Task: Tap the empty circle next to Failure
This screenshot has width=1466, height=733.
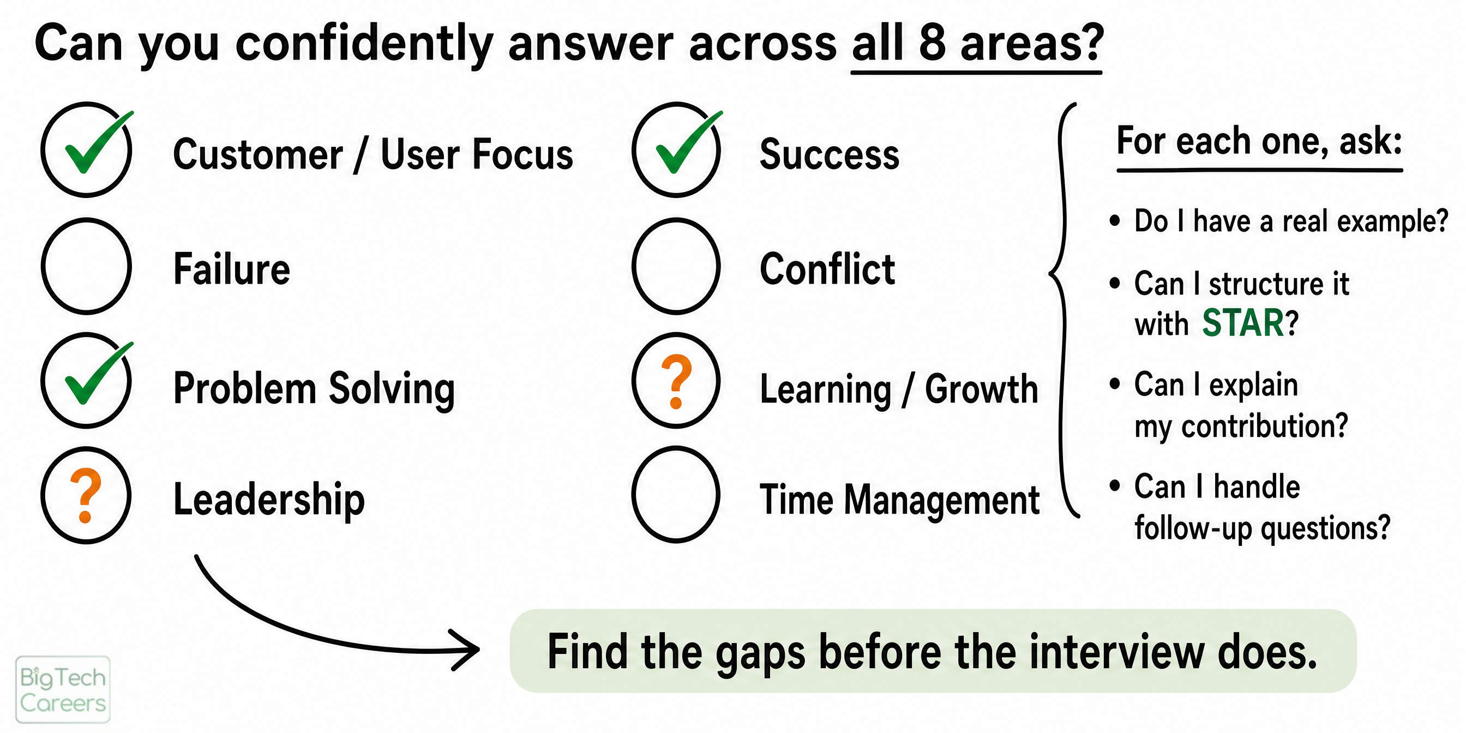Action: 42,266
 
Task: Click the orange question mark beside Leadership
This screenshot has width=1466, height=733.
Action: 86,495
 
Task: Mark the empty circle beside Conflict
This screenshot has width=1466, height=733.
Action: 633,266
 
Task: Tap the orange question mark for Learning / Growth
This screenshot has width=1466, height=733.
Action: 677,381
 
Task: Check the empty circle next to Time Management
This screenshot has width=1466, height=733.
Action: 633,494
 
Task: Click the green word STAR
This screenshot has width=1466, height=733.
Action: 1242,323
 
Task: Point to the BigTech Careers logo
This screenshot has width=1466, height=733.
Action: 63,689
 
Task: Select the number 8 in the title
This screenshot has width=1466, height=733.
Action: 932,43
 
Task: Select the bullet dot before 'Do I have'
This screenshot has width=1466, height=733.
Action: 1114,221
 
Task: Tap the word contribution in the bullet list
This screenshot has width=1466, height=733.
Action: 1264,426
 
